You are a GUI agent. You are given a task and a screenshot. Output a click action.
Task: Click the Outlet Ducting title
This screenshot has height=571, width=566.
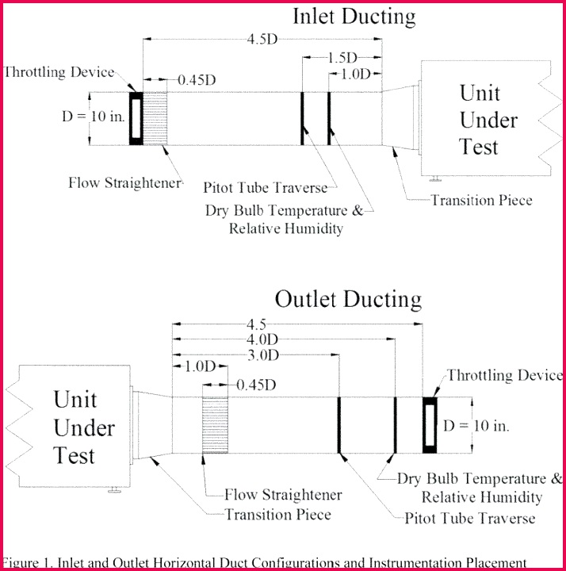click(348, 299)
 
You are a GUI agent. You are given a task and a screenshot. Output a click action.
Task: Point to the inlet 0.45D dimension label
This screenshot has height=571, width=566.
click(197, 79)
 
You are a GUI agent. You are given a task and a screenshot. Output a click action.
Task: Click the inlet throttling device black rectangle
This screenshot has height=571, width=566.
click(136, 119)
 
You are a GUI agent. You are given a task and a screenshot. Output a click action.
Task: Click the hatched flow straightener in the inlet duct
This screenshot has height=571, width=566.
click(155, 119)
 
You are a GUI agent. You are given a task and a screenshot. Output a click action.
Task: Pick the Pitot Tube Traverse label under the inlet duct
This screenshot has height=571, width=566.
click(265, 187)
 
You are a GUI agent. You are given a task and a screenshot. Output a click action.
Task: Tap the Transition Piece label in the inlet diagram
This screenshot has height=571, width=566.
click(481, 200)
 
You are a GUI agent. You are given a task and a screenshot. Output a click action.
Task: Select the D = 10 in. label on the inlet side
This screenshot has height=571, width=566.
click(94, 117)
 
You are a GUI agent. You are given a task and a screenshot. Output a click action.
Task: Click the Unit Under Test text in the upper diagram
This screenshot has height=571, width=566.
click(479, 120)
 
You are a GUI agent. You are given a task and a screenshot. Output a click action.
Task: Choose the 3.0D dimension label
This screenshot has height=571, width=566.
click(261, 354)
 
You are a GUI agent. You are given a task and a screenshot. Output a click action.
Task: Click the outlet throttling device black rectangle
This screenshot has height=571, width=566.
click(430, 425)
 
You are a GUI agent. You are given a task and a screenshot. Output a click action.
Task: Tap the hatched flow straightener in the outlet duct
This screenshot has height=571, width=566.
click(215, 425)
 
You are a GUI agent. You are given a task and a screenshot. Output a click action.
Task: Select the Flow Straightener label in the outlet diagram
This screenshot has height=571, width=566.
click(283, 495)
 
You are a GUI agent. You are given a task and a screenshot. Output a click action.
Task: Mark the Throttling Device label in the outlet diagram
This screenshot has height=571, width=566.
click(504, 375)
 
